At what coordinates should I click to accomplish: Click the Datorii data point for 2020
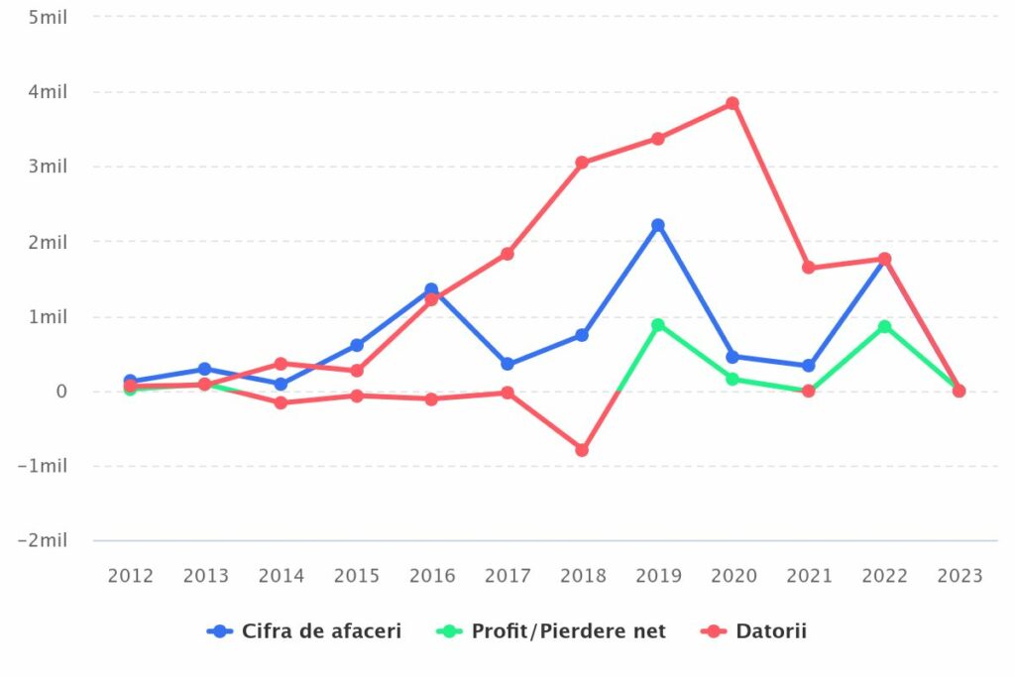(x=733, y=103)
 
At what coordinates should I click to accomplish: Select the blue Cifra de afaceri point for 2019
(x=658, y=225)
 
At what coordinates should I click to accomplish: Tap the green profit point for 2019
(x=658, y=325)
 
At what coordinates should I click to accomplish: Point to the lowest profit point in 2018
(x=582, y=450)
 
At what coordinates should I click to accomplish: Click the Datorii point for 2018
(x=582, y=163)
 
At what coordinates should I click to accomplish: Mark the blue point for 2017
(x=507, y=364)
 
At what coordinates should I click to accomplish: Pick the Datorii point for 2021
(x=809, y=268)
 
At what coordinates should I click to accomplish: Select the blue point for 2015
(x=357, y=345)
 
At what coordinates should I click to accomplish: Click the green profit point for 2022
(x=884, y=326)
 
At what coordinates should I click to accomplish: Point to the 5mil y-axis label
(x=49, y=17)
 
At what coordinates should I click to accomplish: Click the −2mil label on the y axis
(x=44, y=540)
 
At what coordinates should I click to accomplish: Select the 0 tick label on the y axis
(x=61, y=392)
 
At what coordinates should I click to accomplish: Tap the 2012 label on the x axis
(x=131, y=576)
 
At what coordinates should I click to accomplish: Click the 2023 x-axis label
(x=959, y=576)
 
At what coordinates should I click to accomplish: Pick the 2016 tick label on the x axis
(x=432, y=576)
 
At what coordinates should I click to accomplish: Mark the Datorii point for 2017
(x=507, y=254)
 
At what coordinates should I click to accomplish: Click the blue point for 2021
(x=809, y=366)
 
